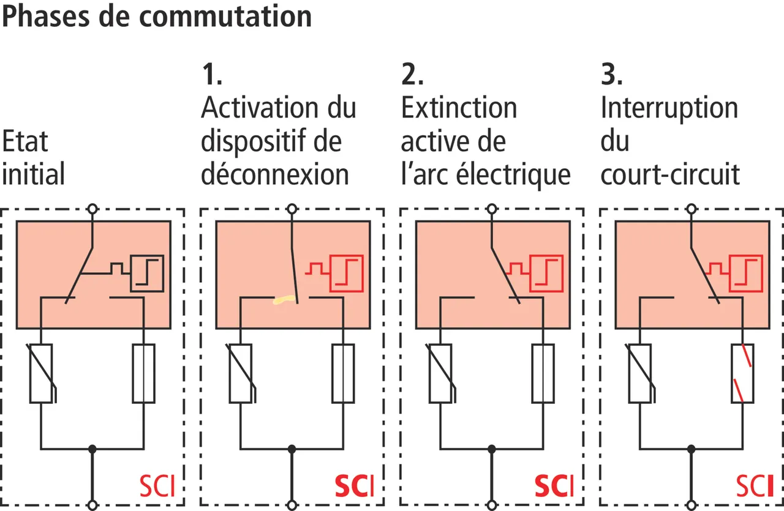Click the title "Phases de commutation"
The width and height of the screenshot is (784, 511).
[x=157, y=17]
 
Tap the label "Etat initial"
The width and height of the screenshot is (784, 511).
[x=34, y=159]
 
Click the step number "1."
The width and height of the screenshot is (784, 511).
[x=212, y=75]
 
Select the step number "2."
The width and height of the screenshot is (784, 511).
[x=412, y=75]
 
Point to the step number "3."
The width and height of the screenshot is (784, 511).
[x=612, y=75]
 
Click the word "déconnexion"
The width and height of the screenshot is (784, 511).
[x=275, y=175]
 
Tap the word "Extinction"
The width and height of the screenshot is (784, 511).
[x=459, y=109]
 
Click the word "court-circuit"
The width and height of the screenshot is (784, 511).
[x=670, y=175]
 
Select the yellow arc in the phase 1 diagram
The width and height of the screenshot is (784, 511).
[x=284, y=300]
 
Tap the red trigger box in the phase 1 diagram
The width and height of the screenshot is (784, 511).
[x=347, y=273]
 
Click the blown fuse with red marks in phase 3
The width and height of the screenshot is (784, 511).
[x=742, y=373]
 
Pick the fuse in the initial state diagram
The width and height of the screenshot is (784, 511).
[x=144, y=373]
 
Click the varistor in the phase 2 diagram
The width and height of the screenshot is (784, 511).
[x=440, y=373]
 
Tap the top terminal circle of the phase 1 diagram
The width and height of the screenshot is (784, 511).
[x=292, y=209]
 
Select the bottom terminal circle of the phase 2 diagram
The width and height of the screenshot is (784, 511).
[x=492, y=504]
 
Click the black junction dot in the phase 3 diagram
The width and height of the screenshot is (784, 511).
[x=692, y=449]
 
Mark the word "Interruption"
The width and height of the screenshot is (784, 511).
[x=669, y=109]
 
